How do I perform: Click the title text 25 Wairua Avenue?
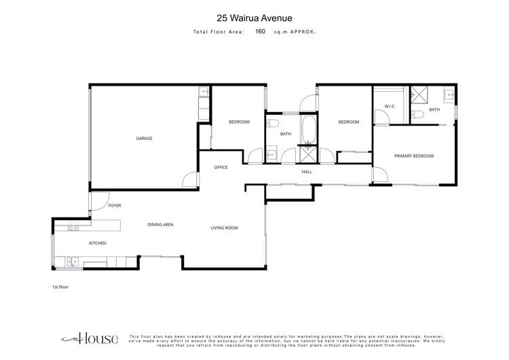(254, 18)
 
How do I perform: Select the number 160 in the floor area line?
(260, 31)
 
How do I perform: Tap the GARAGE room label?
(144, 139)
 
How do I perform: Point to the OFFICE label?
(221, 167)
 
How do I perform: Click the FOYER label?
(114, 204)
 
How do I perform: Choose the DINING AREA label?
(161, 224)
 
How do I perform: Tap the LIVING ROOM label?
(224, 228)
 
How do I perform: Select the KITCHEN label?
(98, 243)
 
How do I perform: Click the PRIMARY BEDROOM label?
(413, 156)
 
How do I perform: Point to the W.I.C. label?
(390, 106)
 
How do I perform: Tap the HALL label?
(307, 172)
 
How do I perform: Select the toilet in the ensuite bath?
(419, 114)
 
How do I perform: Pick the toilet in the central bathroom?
(271, 123)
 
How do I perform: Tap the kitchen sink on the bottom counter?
(73, 261)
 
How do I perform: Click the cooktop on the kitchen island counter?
(72, 227)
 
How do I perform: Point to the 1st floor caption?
(60, 287)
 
